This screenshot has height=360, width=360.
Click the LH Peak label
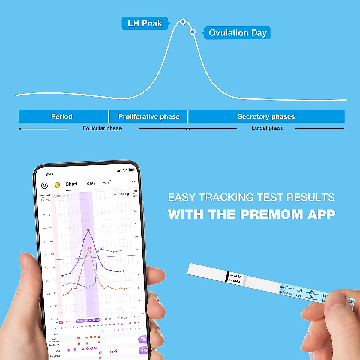(x=145, y=23)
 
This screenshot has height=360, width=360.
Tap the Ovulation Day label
(x=237, y=33)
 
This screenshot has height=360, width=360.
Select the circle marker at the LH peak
(x=183, y=22)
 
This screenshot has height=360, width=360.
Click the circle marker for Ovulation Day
(x=193, y=32)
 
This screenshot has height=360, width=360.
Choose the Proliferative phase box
(x=148, y=116)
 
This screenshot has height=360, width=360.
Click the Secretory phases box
(x=266, y=116)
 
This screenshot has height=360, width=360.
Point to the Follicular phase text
(x=102, y=128)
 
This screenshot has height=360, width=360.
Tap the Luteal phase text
(x=268, y=128)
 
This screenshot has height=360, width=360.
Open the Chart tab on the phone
(x=71, y=184)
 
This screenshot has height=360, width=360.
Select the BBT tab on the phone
(x=107, y=182)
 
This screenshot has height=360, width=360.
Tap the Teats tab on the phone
(x=90, y=183)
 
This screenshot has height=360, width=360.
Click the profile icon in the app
(x=44, y=186)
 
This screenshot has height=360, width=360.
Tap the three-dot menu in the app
(x=132, y=182)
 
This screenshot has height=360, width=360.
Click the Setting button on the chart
(x=123, y=194)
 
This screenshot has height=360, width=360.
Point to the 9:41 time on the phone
(x=49, y=174)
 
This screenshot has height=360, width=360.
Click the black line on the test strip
(x=227, y=277)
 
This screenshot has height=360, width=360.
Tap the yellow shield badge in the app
(x=57, y=185)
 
